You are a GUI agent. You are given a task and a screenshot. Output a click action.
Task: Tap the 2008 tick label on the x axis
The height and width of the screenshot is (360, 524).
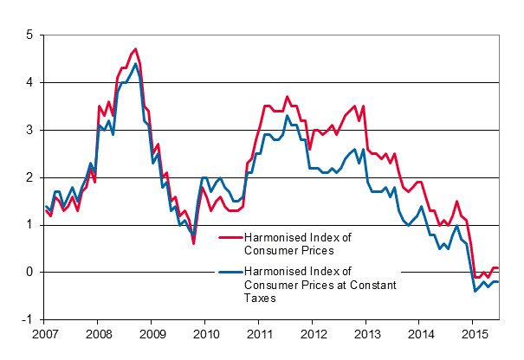point(99,332)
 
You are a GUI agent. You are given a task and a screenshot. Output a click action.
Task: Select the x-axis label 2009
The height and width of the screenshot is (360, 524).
point(152,332)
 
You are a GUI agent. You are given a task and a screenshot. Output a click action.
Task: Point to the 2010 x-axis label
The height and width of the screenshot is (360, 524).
point(206,332)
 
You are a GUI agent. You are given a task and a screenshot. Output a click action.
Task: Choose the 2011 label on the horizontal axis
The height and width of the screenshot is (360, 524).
point(260,332)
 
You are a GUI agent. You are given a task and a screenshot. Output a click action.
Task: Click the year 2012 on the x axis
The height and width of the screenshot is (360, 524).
point(314,332)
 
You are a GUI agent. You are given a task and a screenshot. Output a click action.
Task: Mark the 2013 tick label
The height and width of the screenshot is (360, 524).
point(367,332)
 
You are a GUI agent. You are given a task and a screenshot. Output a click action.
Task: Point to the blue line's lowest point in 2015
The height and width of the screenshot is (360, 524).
point(475,291)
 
